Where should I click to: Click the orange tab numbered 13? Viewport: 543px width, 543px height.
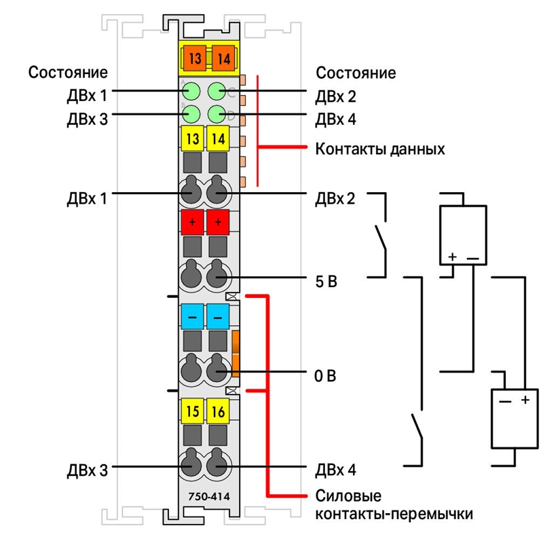[195, 58]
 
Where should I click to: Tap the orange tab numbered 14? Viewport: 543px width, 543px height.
[223, 58]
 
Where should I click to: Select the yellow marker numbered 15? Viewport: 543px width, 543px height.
[192, 411]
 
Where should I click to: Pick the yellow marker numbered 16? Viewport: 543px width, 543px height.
[218, 411]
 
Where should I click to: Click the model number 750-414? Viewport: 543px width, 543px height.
[209, 497]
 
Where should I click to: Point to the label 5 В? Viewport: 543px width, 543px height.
[326, 282]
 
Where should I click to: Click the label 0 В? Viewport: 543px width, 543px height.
[325, 376]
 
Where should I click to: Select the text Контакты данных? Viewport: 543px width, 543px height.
[380, 149]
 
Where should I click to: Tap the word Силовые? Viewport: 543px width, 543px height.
[348, 496]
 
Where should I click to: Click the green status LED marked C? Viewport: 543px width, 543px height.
[217, 92]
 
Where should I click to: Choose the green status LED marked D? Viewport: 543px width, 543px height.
[217, 114]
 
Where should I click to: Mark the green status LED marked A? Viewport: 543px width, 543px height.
[191, 92]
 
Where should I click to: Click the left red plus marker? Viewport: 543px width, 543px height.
[192, 222]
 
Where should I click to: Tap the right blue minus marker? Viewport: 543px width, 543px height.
[218, 316]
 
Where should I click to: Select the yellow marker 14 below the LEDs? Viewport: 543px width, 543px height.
[218, 138]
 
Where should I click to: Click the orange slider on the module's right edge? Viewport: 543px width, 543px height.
[236, 354]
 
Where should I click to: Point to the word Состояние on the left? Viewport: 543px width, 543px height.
[68, 73]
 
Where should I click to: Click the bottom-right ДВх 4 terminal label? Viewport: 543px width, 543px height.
[335, 470]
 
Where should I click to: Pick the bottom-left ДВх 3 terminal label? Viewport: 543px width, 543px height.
[88, 470]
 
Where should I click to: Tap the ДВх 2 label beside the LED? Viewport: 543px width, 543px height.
[335, 96]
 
